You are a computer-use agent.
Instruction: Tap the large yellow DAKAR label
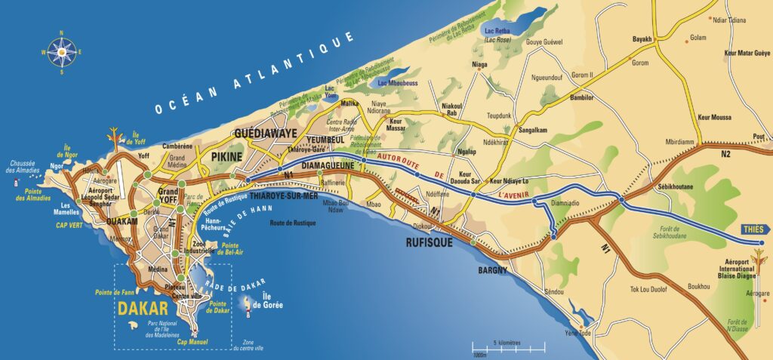(x=142, y=308)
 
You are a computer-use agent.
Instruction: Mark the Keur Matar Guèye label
(x=747, y=54)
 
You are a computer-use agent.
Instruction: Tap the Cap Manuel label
(x=192, y=341)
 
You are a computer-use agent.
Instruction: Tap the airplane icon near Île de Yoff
(x=115, y=134)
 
